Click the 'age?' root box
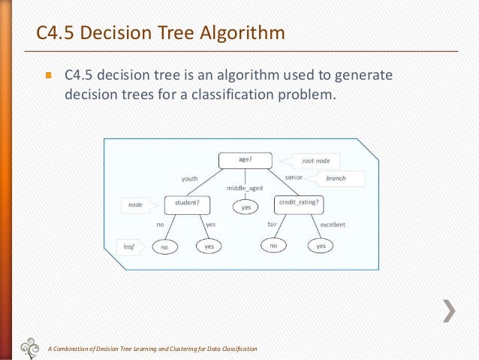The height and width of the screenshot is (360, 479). pos(245,160)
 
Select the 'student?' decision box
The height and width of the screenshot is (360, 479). pos(187,203)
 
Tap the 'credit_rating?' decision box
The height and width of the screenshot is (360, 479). pos(298,202)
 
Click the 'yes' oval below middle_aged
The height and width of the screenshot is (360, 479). pos(245,207)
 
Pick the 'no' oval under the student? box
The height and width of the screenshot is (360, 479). pos(164,246)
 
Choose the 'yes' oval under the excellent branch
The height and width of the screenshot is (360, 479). pos(321,246)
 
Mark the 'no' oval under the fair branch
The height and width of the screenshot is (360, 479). pos(274,246)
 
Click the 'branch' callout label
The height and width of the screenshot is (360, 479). pos(339,179)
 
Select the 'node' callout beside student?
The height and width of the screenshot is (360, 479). pos(139,204)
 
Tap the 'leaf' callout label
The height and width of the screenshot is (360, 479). pos(130,245)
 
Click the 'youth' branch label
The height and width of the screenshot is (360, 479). pos(189,179)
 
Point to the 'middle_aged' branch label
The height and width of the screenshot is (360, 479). pos(245,188)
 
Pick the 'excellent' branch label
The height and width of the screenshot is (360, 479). pos(333,225)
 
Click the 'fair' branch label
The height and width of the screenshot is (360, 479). pos(273,225)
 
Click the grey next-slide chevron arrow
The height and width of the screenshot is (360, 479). pos(448,311)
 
